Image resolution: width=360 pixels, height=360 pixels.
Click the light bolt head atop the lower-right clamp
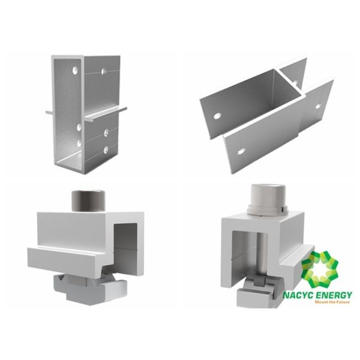click(x=265, y=197)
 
